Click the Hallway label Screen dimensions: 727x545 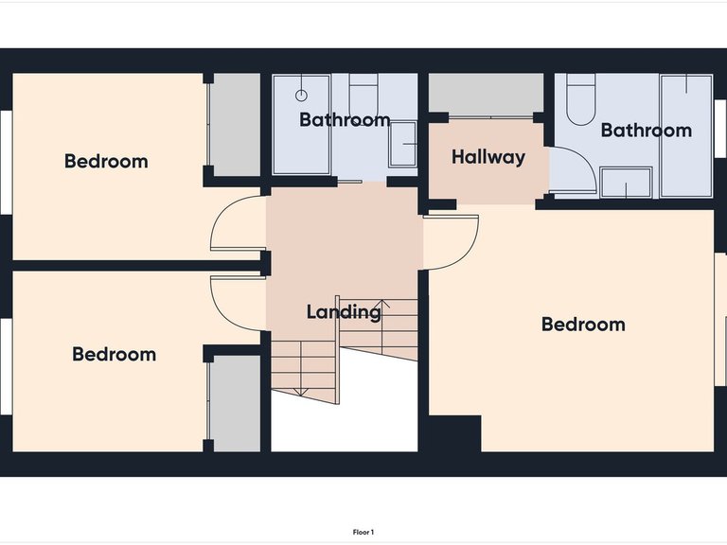[x=488, y=157]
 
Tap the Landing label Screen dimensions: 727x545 [x=344, y=311]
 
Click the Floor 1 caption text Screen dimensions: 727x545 [x=363, y=532]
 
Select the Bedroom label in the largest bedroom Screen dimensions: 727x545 [x=583, y=325]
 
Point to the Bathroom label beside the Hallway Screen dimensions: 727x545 [x=647, y=131]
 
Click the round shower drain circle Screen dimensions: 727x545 [x=301, y=96]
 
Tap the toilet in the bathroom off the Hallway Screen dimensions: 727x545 [x=581, y=99]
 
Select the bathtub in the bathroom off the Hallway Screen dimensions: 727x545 [x=686, y=136]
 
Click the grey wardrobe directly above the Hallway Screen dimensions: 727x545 [x=486, y=93]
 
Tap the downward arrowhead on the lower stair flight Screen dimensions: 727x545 [x=301, y=392]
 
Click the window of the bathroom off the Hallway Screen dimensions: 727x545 [x=720, y=129]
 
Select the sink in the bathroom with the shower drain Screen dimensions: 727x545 [x=402, y=144]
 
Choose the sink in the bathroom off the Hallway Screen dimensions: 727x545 [x=626, y=183]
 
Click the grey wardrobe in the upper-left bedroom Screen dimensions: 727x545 [x=236, y=125]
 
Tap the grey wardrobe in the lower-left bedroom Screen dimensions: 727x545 [x=236, y=404]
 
